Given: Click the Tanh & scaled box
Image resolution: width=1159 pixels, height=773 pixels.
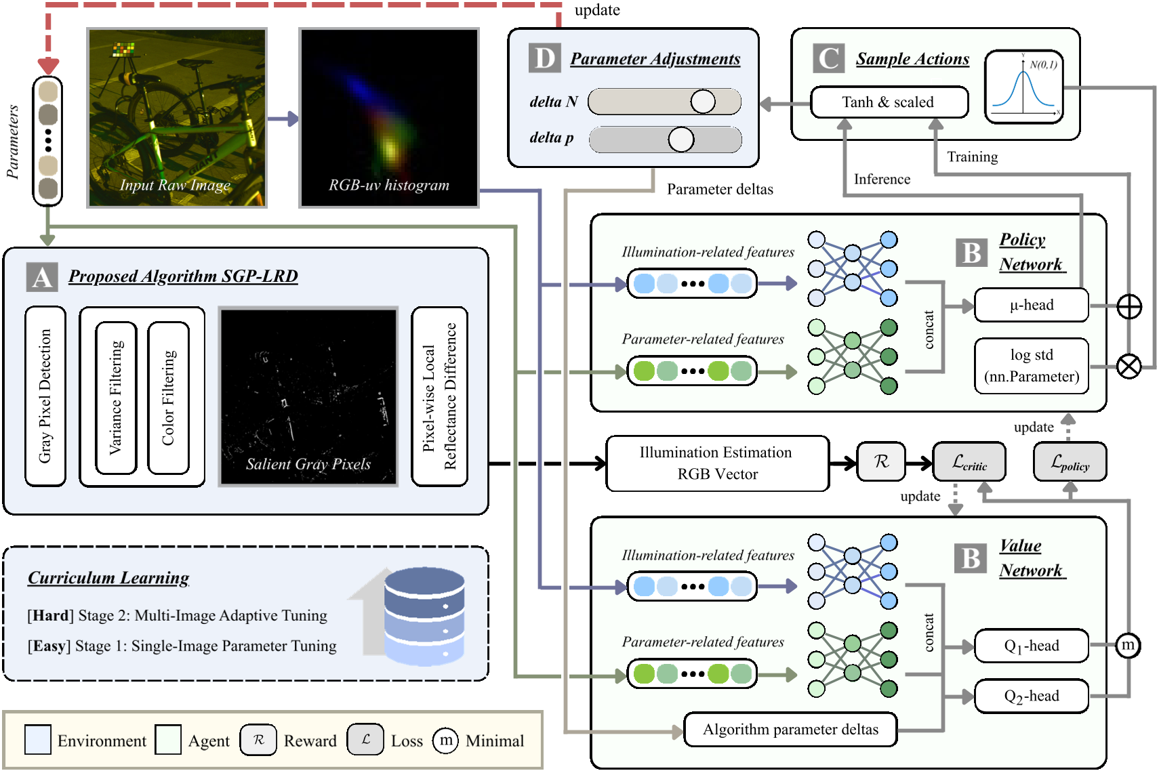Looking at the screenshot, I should [x=889, y=102].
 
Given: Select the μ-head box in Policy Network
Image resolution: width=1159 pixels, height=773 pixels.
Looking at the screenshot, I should [x=1031, y=305].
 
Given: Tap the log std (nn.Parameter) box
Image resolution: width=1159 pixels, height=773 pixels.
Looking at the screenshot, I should [x=1031, y=366].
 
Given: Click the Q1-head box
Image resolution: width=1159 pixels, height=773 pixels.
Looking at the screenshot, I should [x=1031, y=646].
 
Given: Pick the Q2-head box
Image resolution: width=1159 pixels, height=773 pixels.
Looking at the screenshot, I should [x=1031, y=696].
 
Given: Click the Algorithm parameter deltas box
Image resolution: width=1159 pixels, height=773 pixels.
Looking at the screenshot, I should [x=790, y=730].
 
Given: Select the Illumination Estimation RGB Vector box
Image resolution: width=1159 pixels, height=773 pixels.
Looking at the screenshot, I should [x=717, y=463].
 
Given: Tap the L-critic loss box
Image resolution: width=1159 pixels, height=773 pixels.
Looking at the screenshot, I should [x=969, y=463].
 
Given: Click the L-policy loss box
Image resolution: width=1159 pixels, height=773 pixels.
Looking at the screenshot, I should [x=1070, y=463].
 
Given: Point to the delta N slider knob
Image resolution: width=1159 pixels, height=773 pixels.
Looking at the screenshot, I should [x=703, y=102].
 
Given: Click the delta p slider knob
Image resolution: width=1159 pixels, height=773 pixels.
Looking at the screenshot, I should [x=680, y=140].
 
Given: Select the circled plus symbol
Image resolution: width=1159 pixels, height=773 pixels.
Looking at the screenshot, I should [x=1129, y=307].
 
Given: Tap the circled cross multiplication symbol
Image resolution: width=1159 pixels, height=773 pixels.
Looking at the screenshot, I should [x=1129, y=367].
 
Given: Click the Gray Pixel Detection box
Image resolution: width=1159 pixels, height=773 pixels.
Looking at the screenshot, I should [x=45, y=396].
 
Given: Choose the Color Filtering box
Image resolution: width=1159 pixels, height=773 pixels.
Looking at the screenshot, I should [x=168, y=398].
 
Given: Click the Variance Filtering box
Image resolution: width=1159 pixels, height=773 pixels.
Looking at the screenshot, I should [x=117, y=398].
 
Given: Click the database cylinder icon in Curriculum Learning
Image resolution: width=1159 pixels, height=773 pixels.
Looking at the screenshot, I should [x=424, y=617].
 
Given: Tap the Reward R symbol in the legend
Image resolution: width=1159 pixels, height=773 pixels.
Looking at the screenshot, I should [x=258, y=740].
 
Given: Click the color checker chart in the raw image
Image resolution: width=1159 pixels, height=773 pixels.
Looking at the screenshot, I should [x=123, y=49].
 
